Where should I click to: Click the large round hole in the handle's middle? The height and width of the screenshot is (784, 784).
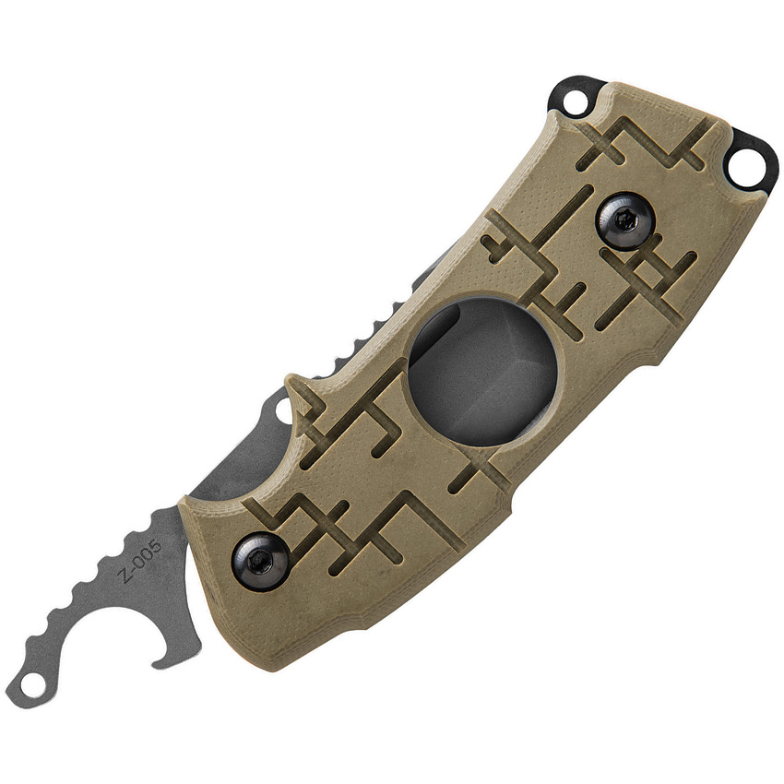[482, 369]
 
